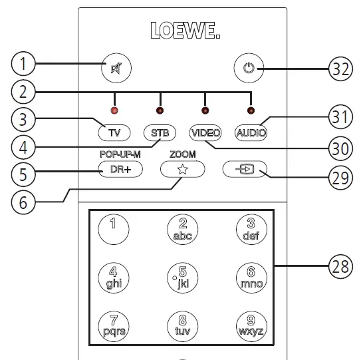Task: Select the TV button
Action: point(115,132)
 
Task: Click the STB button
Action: point(160,132)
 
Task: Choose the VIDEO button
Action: point(205,132)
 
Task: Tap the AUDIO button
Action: point(250,132)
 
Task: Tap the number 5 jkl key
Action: point(182,275)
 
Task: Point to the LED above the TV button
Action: point(114,110)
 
